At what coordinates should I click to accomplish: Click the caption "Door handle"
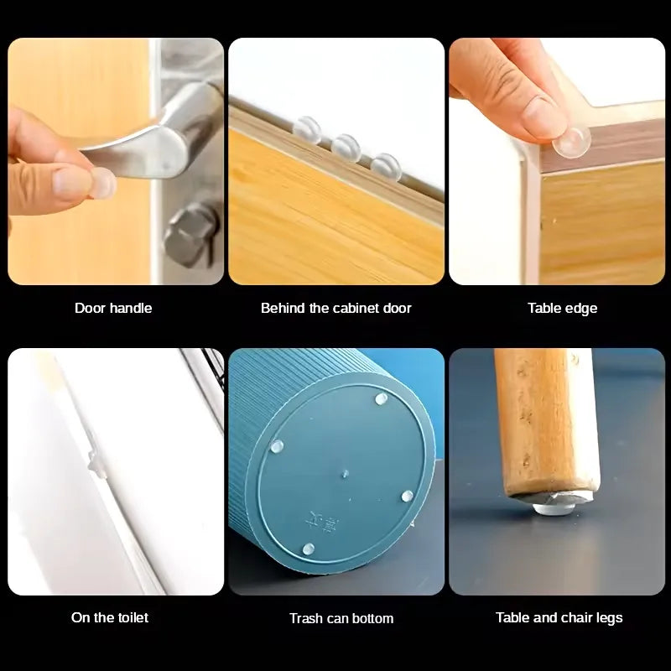[113, 308]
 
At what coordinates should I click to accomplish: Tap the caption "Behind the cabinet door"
[336, 308]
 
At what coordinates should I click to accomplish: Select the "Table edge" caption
[562, 308]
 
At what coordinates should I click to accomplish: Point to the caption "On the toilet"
[110, 617]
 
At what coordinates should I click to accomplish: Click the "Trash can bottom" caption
[341, 618]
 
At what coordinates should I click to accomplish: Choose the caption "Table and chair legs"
[559, 617]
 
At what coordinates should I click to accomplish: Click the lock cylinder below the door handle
[191, 235]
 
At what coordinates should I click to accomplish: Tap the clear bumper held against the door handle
[103, 183]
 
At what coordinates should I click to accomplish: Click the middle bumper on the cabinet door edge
[346, 148]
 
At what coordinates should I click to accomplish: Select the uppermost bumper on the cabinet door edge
[307, 129]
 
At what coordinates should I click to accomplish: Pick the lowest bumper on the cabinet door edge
[386, 167]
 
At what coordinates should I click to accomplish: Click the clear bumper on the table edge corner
[572, 141]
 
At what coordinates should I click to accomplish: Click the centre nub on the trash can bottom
[345, 474]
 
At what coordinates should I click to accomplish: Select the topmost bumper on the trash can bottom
[381, 399]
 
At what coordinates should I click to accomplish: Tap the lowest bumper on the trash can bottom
[308, 549]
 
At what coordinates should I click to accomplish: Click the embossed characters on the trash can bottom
[322, 522]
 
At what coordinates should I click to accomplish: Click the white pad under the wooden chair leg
[554, 508]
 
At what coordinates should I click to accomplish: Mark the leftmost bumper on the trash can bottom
[277, 446]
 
